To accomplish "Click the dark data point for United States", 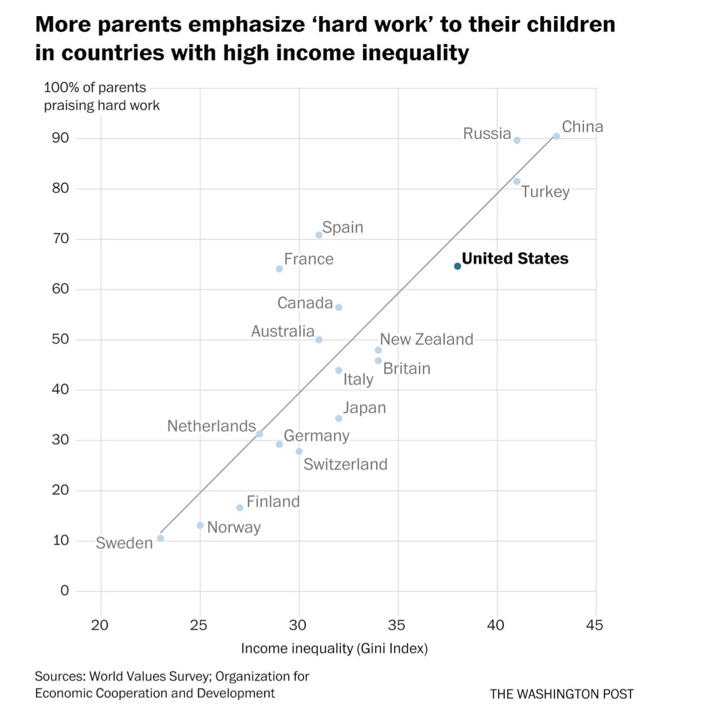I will tap(457, 266).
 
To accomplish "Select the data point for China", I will tap(556, 136).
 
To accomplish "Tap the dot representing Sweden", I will tap(161, 538).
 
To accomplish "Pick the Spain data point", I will tap(319, 235).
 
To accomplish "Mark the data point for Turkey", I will tap(517, 181).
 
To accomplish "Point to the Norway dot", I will tap(200, 525).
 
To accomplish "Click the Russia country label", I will tap(487, 133).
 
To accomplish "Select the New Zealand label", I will tap(427, 339).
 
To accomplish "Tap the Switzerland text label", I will tap(345, 464).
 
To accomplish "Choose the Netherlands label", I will tap(211, 426).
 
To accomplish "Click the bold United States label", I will tap(515, 258).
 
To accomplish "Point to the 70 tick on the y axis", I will tap(61, 238).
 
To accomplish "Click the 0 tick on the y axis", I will tap(65, 590).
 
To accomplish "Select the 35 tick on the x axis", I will tap(396, 625).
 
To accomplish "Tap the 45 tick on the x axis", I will tap(594, 625).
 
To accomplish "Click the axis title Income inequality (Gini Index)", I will tap(334, 649).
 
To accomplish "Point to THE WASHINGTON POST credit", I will tap(562, 694).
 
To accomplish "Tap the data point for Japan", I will tap(339, 418).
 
